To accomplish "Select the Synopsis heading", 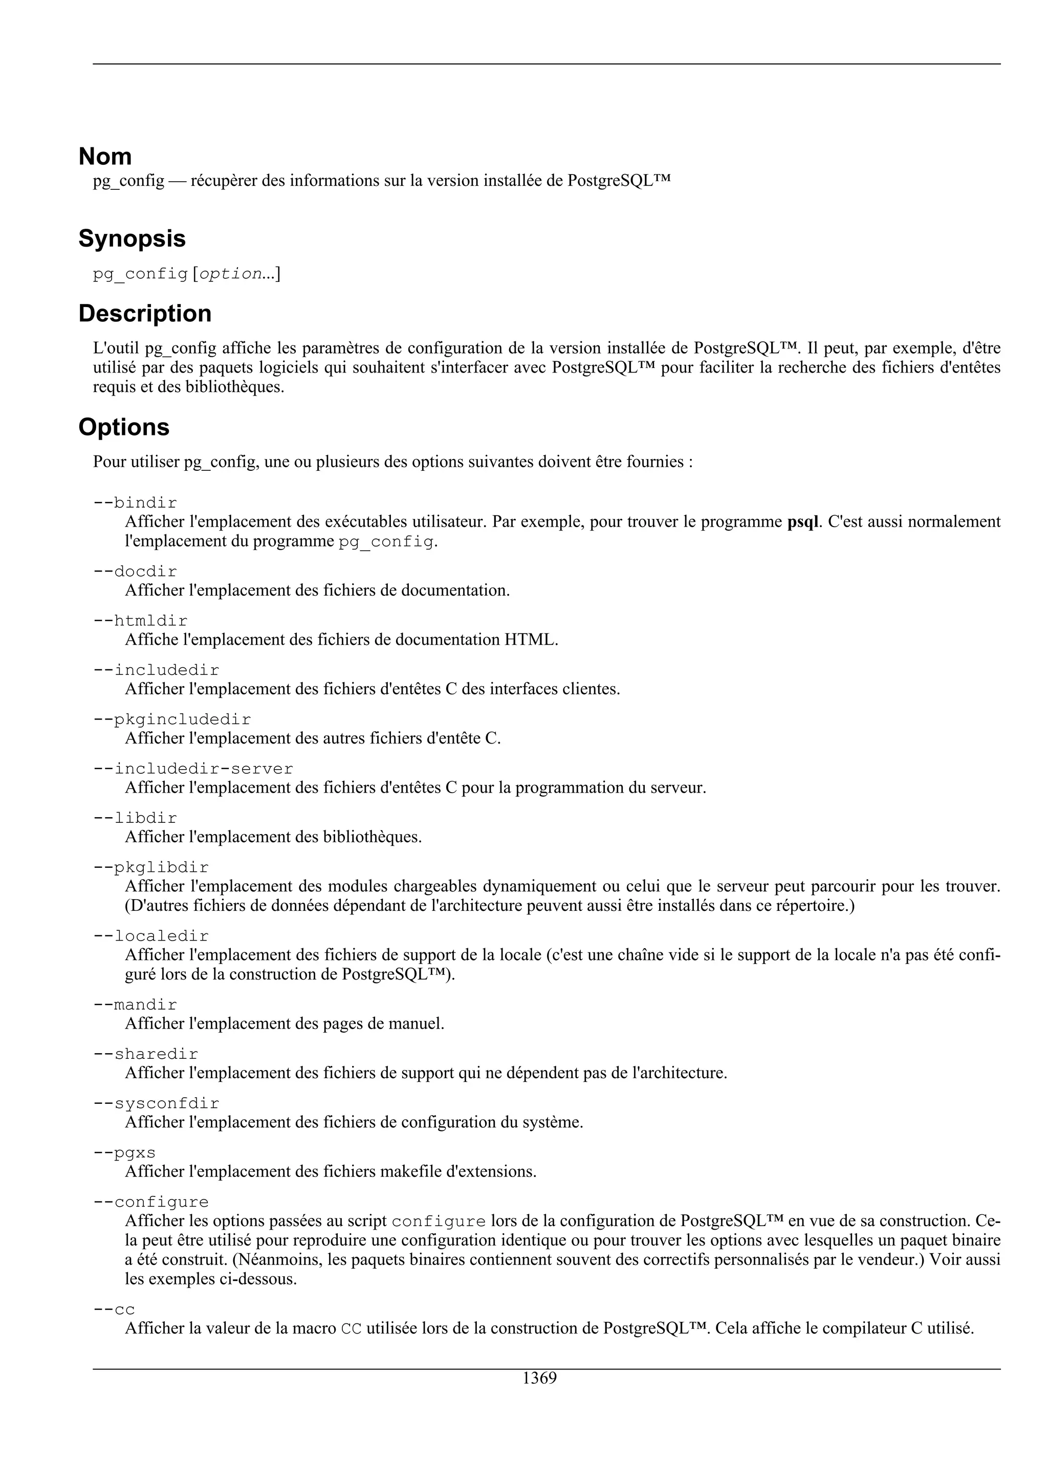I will coord(132,239).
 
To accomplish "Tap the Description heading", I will coord(145,314).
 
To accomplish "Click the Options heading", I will coord(123,428).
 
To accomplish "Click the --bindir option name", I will coord(135,503).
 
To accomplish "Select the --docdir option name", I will coord(135,572).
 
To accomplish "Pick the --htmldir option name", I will coord(140,621).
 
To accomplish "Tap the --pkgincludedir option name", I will coord(172,719).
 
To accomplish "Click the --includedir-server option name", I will coord(193,769).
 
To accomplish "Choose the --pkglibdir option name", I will coord(151,867).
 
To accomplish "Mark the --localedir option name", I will coord(151,936).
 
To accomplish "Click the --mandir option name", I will coord(135,1005).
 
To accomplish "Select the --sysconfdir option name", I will coord(156,1104).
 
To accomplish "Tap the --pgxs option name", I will coord(125,1153).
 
